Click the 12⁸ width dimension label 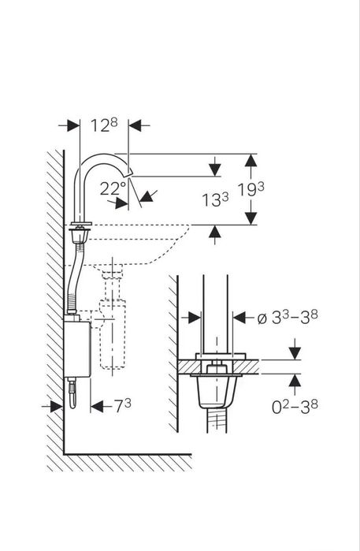tap(104, 125)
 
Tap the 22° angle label tap(113, 188)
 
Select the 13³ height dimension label tap(215, 199)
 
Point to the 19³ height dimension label tap(251, 189)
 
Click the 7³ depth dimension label tap(123, 406)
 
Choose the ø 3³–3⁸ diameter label tap(288, 318)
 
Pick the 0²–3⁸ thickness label tap(295, 407)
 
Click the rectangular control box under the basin tap(77, 349)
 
